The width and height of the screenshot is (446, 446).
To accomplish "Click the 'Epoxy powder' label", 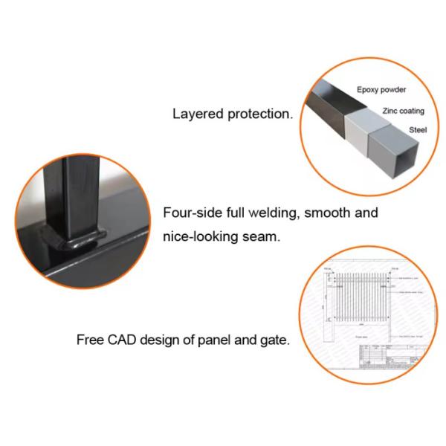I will coord(381,90).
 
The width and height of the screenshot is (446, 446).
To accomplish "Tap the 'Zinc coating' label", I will coord(403,111).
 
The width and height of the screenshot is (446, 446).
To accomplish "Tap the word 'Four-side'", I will coord(190,213).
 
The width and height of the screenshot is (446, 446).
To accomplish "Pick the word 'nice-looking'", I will coord(198,238).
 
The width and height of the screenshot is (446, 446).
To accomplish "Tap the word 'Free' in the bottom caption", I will coord(90,340).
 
